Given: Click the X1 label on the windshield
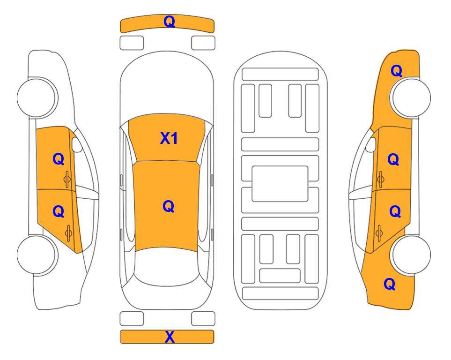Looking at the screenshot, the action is tap(169, 138).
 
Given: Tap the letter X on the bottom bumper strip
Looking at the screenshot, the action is tap(170, 337).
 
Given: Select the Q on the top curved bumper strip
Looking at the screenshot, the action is tap(170, 22).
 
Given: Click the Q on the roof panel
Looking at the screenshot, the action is tap(169, 206).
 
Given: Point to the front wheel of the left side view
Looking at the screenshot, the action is tap(37, 97).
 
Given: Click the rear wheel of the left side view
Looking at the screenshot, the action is tap(37, 255).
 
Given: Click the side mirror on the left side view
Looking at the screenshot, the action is tap(77, 144).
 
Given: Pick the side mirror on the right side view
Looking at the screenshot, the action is tap(371, 144).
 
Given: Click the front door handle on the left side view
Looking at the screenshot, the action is tap(67, 179).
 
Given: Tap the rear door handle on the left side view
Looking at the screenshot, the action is tap(68, 233).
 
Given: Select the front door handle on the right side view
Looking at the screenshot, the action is tap(380, 179).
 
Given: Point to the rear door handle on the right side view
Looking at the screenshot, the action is tap(379, 233).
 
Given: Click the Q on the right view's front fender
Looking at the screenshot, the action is tap(396, 71).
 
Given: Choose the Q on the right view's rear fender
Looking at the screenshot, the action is tap(390, 284).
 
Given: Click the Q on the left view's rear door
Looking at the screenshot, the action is tap(59, 212).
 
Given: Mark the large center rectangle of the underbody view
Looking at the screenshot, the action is tap(280, 184).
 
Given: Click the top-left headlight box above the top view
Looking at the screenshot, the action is tap(132, 43).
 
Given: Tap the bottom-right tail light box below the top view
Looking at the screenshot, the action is tap(203, 319).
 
